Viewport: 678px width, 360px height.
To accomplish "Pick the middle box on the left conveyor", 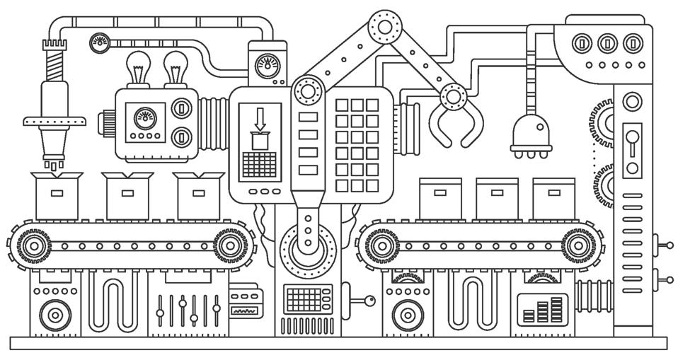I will pyautogui.click(x=127, y=194).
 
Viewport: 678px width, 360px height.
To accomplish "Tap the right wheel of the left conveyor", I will pyautogui.click(x=228, y=246).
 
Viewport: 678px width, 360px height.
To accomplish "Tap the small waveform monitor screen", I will pyautogui.click(x=246, y=308).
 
